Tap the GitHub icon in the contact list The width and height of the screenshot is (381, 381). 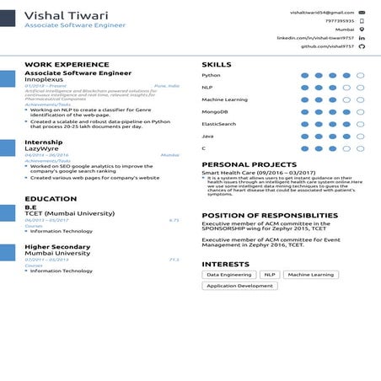[362, 46]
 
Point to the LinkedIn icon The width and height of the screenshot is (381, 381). [362, 38]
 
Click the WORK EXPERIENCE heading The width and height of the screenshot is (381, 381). [67, 64]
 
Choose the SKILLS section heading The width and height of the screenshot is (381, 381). [217, 64]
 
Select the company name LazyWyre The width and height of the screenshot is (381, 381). [43, 149]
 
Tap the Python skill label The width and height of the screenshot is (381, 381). [211, 75]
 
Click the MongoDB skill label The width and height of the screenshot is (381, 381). [215, 111]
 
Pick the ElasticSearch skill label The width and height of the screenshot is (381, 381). [219, 124]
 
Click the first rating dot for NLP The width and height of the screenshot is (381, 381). [305, 87]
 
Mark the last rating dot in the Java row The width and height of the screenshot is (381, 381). [361, 136]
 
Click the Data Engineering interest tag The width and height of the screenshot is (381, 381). [229, 275]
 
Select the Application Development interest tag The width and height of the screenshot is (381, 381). [239, 286]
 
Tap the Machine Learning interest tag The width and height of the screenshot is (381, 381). [310, 275]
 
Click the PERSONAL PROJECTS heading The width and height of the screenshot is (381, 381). [249, 164]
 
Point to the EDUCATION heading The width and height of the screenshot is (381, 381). [51, 199]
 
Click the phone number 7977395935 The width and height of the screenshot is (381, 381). [338, 21]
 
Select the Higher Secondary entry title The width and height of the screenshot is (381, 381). [57, 245]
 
